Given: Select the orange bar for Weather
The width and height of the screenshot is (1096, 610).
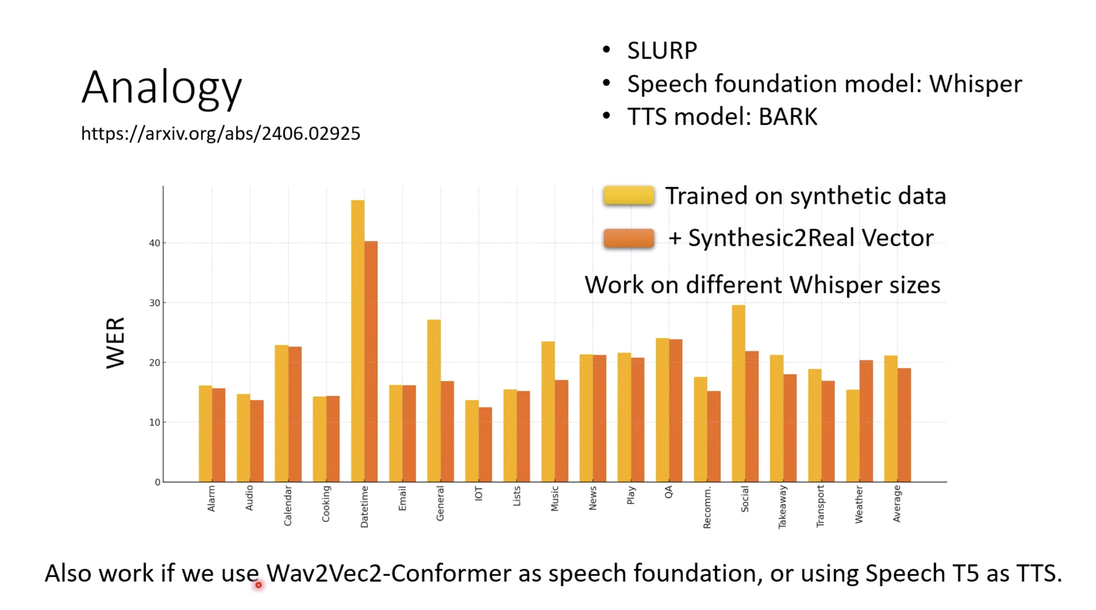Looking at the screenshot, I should tap(866, 421).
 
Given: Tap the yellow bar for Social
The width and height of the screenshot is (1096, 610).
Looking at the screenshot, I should tap(738, 393).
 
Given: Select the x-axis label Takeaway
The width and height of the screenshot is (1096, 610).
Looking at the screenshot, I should tap(782, 506).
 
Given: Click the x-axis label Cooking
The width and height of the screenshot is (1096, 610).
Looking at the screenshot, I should tap(326, 503).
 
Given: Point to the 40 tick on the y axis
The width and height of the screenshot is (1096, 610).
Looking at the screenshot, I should tap(154, 243).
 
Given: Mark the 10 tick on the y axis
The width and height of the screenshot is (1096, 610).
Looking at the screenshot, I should tap(154, 423).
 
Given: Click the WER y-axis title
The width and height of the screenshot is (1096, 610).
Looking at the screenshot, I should tap(115, 343).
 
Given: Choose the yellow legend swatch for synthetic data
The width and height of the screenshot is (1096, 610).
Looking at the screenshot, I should tap(628, 195).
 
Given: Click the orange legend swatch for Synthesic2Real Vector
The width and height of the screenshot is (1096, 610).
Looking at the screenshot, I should tap(628, 238).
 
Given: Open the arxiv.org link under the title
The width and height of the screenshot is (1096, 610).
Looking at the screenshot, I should tap(220, 133).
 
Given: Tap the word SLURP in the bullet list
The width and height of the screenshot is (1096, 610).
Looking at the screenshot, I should tap(662, 51).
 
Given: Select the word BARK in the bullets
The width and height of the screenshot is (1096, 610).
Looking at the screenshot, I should tap(788, 117).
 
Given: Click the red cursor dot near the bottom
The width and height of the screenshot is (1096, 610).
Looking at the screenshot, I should tap(258, 585).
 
